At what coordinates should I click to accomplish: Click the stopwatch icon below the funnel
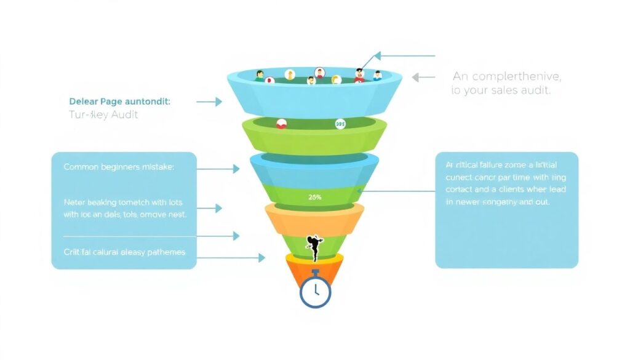coord(315,291)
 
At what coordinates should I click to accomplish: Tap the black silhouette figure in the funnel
coord(314,246)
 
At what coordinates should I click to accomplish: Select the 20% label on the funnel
coord(315,198)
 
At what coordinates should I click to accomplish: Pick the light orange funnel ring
coord(315,218)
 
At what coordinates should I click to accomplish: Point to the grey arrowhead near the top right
coord(416,78)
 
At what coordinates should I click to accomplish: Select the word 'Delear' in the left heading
coord(82,100)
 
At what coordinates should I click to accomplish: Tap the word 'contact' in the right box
coord(460,190)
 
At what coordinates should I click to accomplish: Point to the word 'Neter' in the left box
coord(74,202)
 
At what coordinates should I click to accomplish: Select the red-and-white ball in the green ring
coord(281,124)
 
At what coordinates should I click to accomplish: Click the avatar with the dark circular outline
coord(320,72)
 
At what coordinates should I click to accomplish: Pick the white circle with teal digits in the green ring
coord(340,124)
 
